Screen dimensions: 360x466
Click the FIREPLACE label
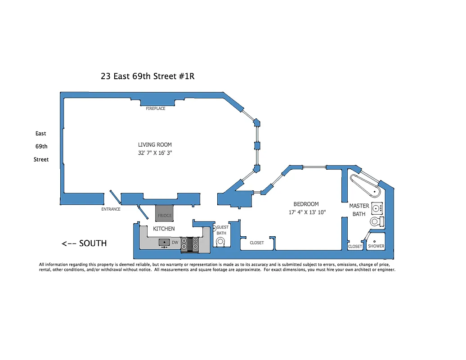coord(156,108)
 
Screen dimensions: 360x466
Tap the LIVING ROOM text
coord(155,145)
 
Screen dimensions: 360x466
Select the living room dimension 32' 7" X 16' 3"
coord(155,153)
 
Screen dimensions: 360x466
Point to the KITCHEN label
coord(164,229)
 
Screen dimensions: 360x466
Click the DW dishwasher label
coord(175,243)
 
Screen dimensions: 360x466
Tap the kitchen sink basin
coord(164,242)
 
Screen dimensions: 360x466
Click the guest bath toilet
coord(221,242)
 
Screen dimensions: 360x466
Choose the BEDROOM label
coord(306,204)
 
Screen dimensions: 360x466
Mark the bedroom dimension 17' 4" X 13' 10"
coord(307,212)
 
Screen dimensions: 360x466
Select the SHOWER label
coord(376,246)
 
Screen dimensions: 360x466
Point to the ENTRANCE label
coord(111,209)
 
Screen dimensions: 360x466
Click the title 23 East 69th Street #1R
coord(148,76)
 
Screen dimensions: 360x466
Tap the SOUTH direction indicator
coord(85,243)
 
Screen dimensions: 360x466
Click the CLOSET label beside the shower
coord(355,247)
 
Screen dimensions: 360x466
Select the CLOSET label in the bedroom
coord(257,243)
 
